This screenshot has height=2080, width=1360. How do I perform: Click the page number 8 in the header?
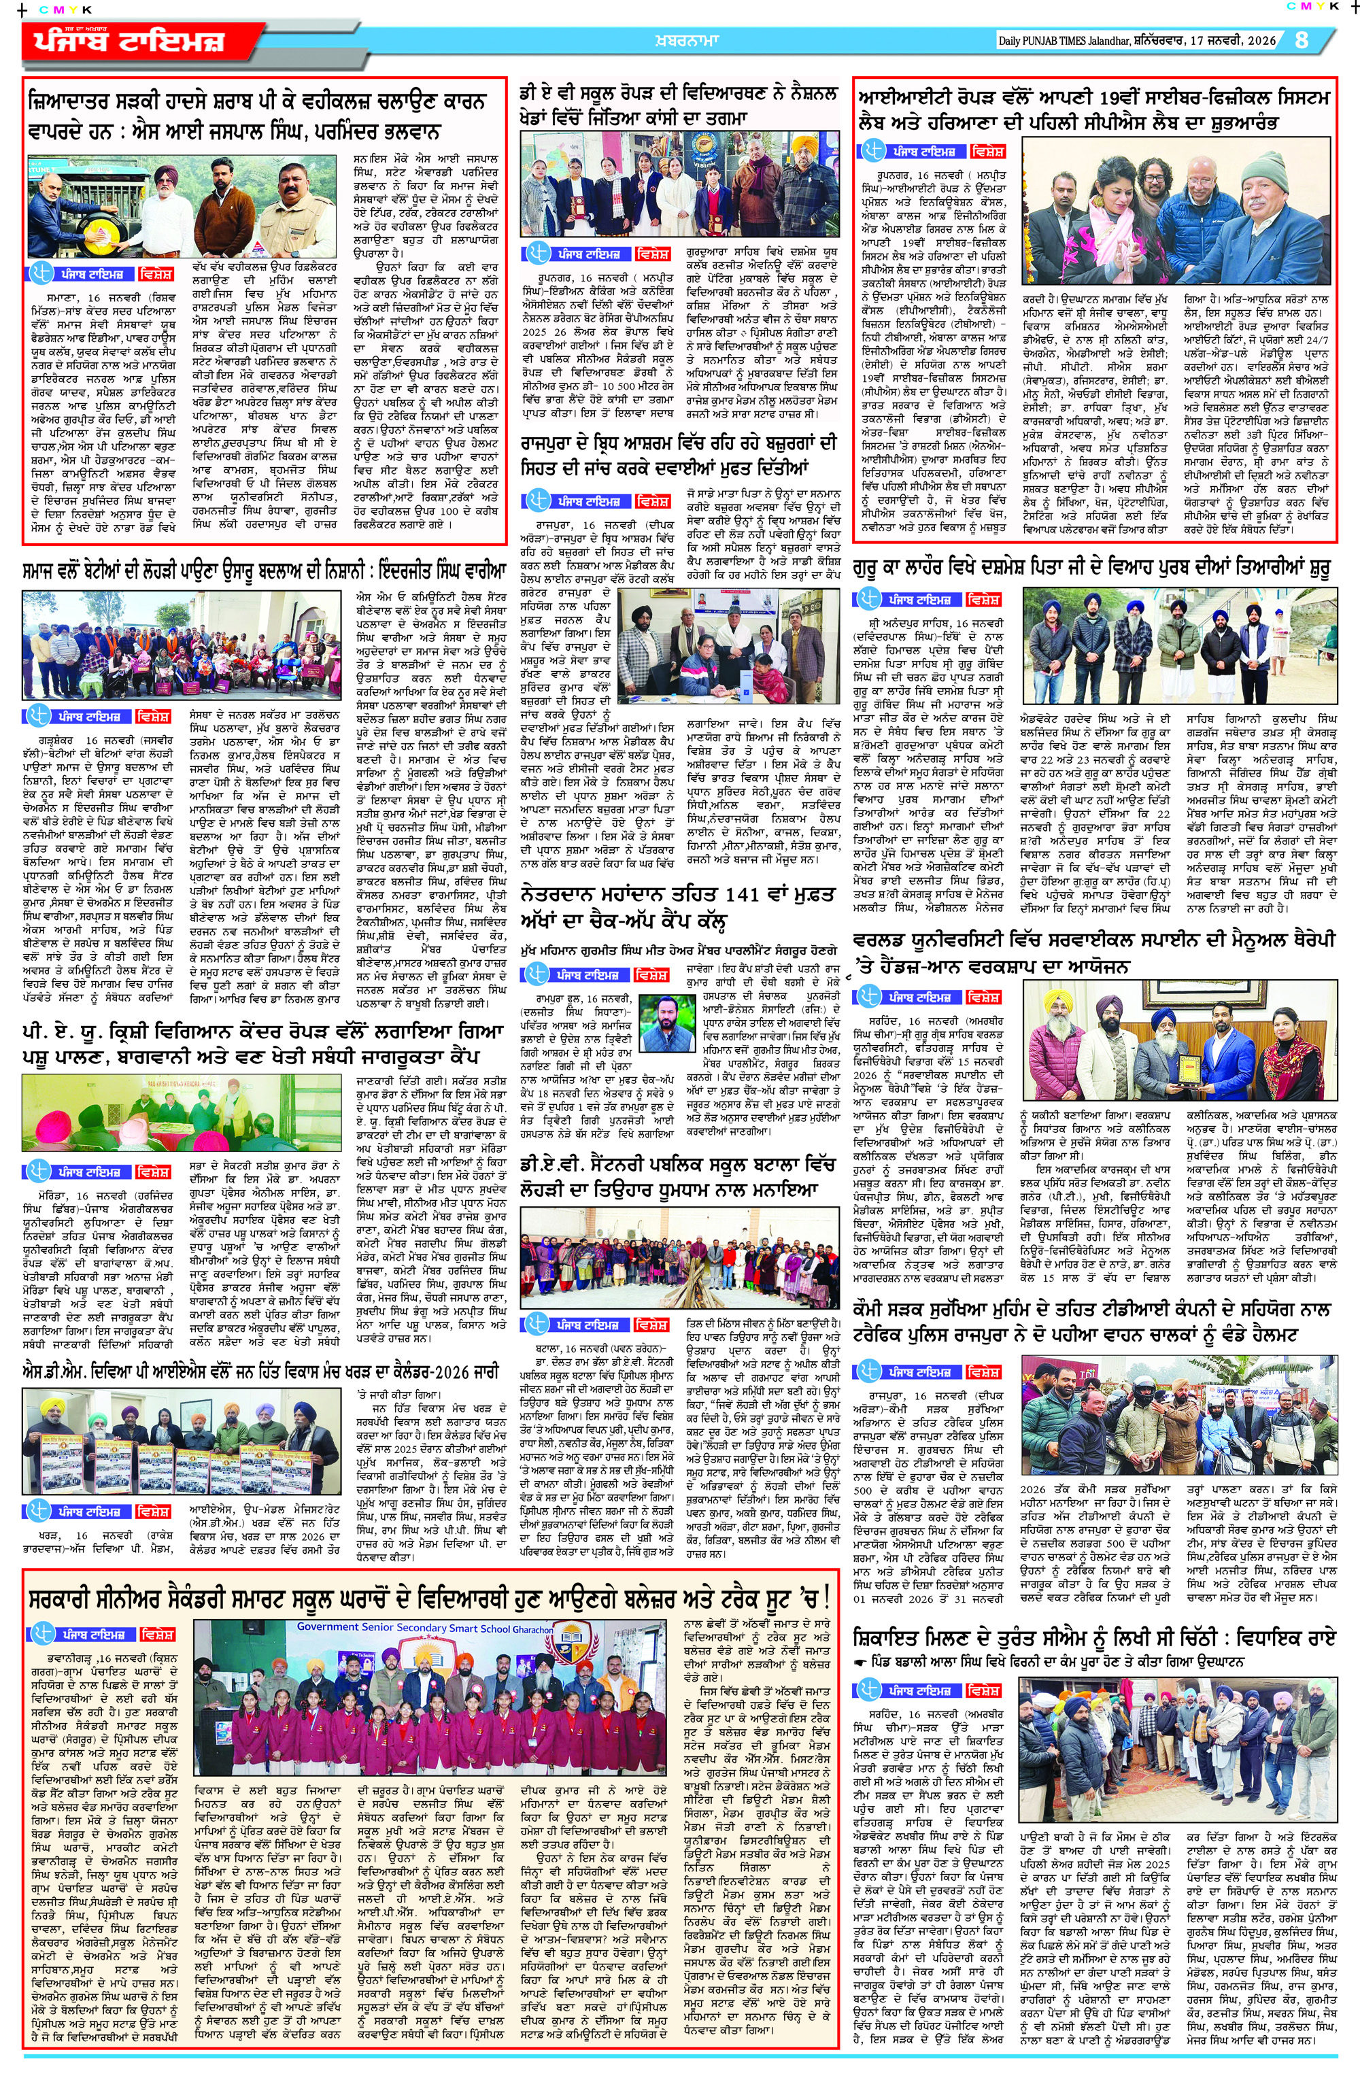(1302, 40)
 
